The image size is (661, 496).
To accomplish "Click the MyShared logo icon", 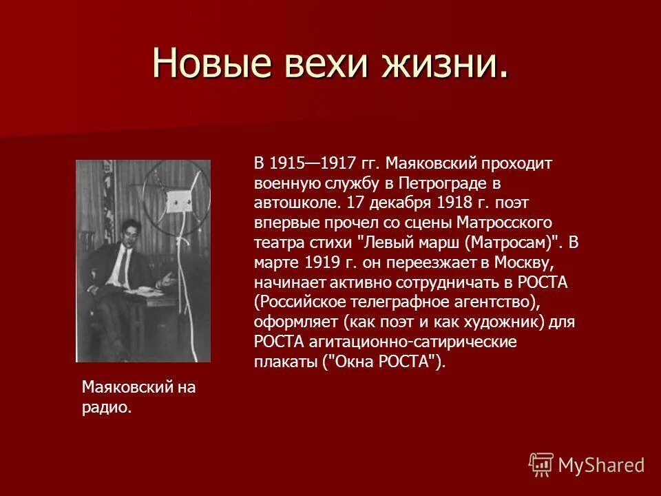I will tap(541, 465).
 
